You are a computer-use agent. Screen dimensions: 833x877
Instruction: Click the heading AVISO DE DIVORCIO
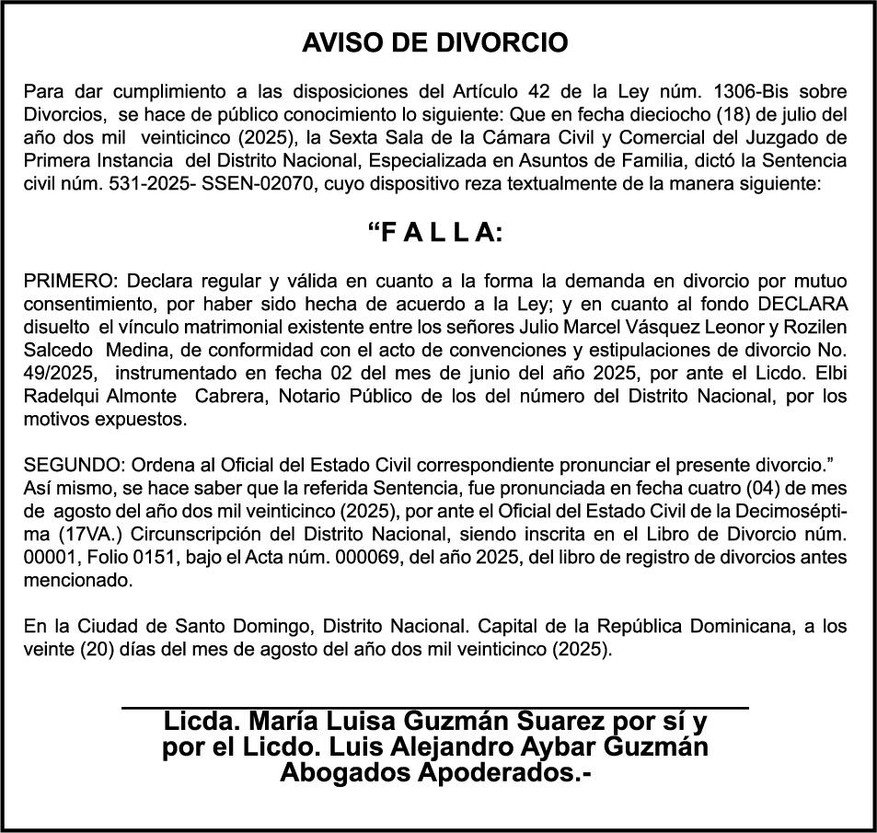pos(436,43)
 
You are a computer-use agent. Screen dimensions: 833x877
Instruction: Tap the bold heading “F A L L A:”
pos(436,234)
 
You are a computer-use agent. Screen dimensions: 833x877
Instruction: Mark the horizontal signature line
pos(435,707)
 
